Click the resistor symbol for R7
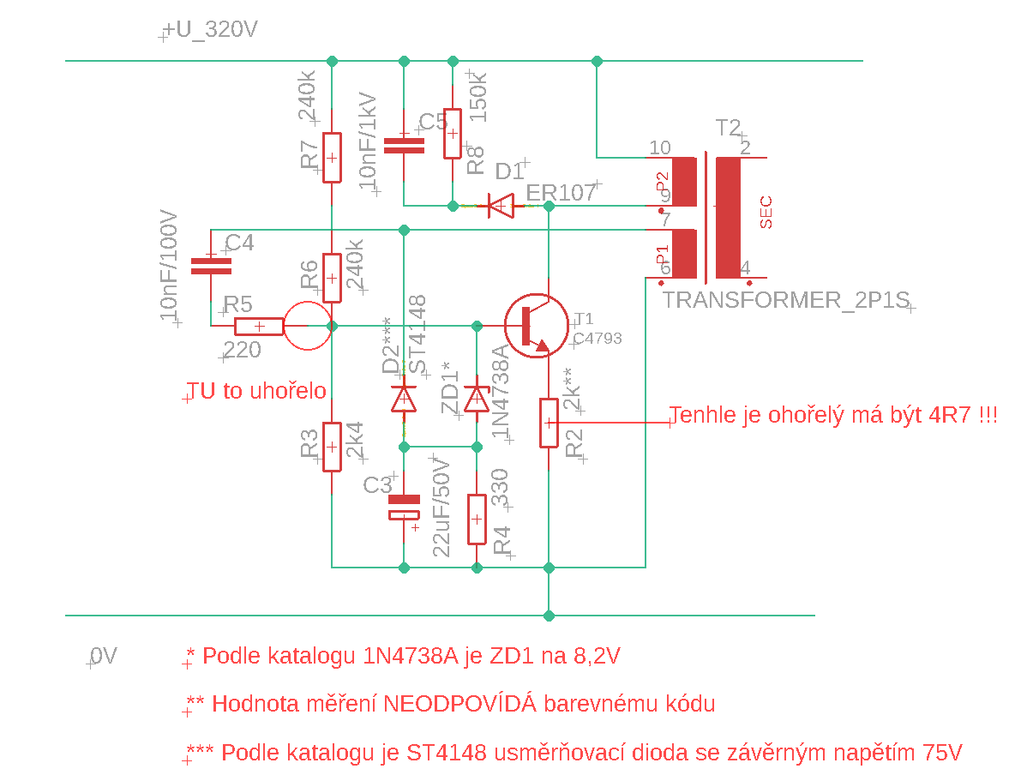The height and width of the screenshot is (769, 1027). click(x=332, y=159)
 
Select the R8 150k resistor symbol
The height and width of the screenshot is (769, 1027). click(x=453, y=134)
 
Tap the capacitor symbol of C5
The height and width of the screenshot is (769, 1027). click(x=403, y=145)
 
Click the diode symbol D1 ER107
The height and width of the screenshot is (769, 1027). click(x=500, y=206)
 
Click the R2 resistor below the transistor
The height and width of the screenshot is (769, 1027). click(x=549, y=423)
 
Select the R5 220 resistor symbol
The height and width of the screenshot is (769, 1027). click(x=258, y=327)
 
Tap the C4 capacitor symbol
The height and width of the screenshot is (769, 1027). click(x=210, y=265)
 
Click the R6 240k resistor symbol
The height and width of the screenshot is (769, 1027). click(x=332, y=278)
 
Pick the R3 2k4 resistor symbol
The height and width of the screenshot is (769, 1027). click(x=332, y=447)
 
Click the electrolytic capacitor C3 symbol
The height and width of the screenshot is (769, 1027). click(x=404, y=507)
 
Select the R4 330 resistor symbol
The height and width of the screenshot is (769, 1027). click(x=477, y=519)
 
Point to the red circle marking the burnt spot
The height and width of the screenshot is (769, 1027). click(x=307, y=327)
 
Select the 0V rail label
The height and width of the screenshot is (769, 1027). click(x=103, y=657)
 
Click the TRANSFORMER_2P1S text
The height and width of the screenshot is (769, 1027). click(x=784, y=300)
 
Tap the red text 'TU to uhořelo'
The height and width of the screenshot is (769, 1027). click(x=256, y=392)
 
